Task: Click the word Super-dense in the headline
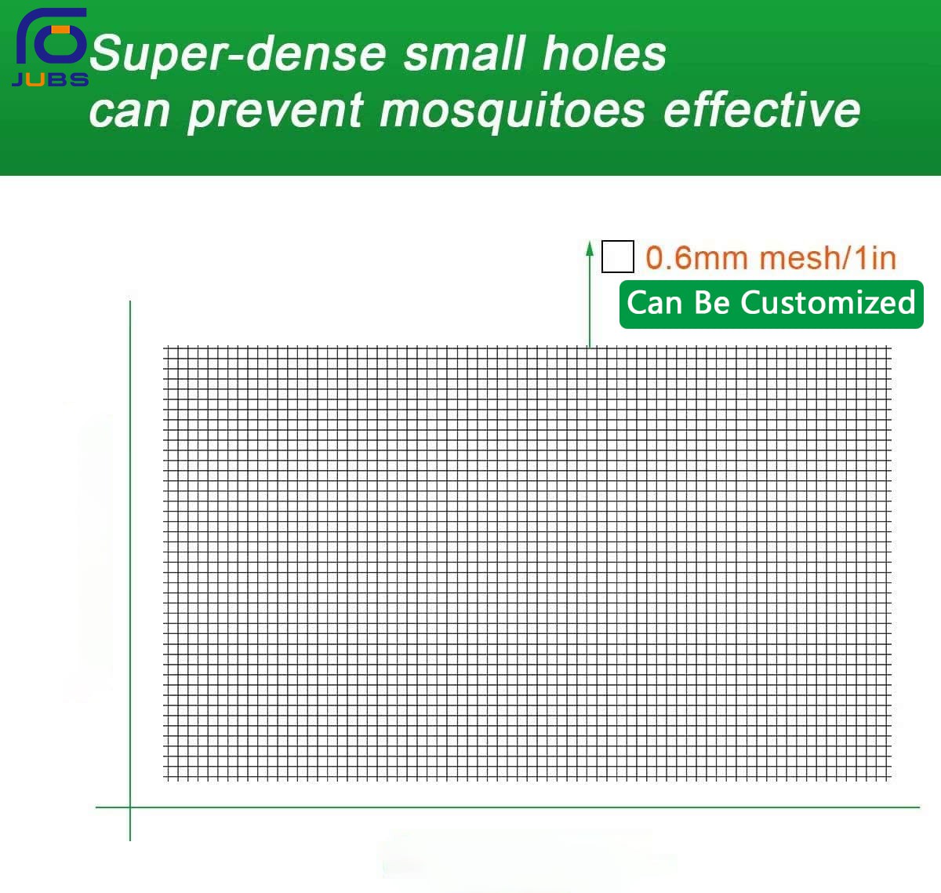[238, 53]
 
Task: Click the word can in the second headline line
[129, 112]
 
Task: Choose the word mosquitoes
[512, 111]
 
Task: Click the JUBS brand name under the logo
[50, 79]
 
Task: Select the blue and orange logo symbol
[51, 36]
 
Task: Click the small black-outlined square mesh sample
[617, 257]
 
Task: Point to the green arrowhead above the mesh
[590, 249]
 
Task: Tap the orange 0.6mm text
[696, 258]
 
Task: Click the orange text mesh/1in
[827, 258]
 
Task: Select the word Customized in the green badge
[827, 303]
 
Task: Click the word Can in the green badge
[654, 303]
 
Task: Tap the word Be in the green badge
[712, 303]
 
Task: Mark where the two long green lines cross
[130, 807]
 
